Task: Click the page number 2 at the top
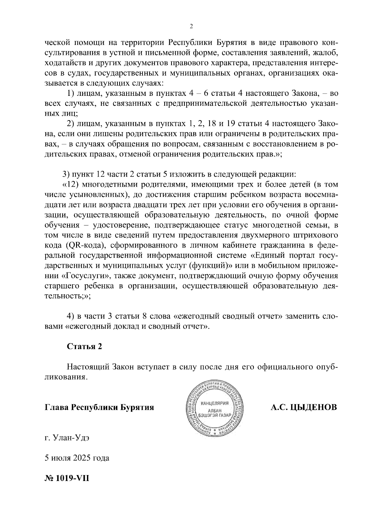tap(191, 27)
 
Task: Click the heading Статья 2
tap(84, 346)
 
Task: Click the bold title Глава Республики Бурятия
tap(99, 407)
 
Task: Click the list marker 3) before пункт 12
tap(66, 174)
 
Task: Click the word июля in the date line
tap(61, 458)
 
